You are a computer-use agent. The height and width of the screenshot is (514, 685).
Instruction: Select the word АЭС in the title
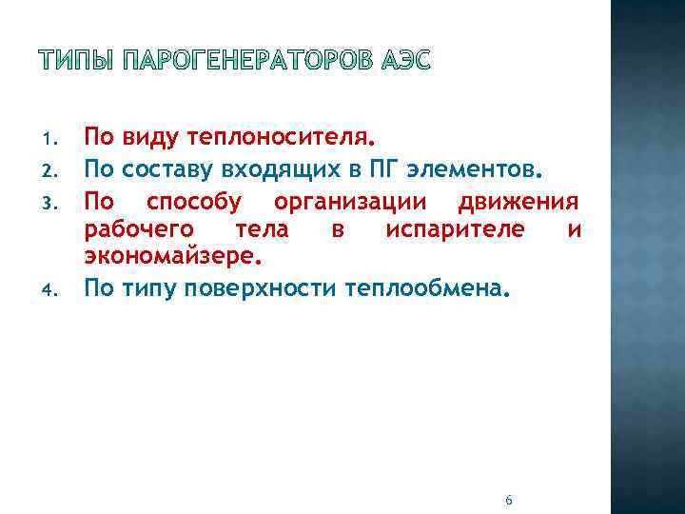405,62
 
